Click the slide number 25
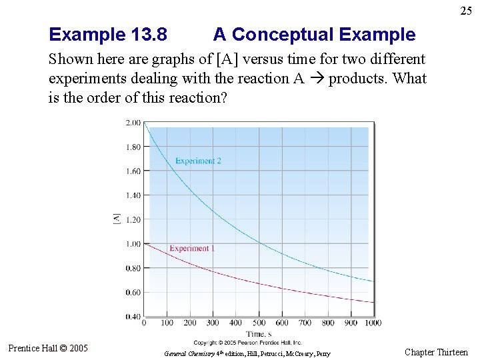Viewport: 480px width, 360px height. [465, 11]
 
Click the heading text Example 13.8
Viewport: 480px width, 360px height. [108, 35]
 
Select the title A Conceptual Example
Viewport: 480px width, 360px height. [314, 35]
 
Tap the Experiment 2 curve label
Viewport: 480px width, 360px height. [198, 161]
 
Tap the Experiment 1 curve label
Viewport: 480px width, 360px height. [192, 249]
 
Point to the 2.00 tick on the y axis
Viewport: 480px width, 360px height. [133, 123]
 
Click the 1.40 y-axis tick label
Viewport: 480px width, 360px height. [133, 195]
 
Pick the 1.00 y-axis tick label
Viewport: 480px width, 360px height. [133, 244]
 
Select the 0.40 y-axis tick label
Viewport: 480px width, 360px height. [133, 317]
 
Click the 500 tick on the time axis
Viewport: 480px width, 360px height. [259, 323]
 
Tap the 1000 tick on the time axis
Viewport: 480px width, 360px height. [373, 323]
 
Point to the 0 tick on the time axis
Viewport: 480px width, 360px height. [144, 323]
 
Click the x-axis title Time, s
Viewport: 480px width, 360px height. [259, 333]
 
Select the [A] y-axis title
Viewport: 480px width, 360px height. [117, 219]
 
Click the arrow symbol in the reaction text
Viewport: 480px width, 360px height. [317, 79]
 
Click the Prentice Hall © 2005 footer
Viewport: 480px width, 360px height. [48, 348]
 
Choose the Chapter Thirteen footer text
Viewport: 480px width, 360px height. [436, 352]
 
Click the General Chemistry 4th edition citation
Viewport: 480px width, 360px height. [247, 353]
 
